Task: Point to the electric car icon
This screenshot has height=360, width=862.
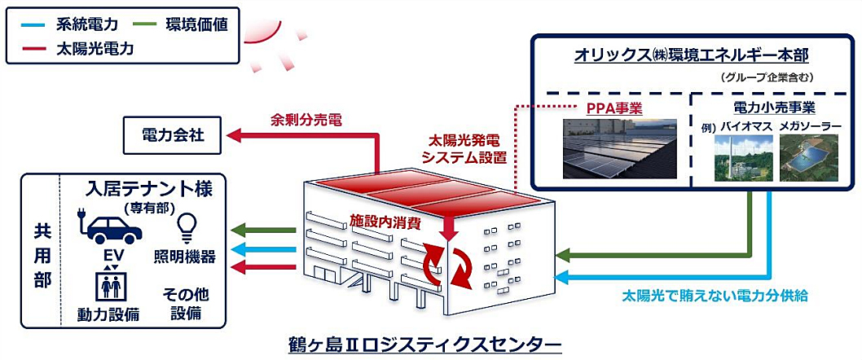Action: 108,228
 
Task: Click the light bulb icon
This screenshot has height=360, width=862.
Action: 185,228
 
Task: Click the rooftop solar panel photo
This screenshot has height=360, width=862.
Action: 618,149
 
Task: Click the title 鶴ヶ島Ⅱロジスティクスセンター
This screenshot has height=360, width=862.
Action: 424,344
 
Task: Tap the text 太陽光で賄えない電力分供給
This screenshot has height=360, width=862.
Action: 714,296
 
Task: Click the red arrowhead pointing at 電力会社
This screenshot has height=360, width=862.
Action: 234,135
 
